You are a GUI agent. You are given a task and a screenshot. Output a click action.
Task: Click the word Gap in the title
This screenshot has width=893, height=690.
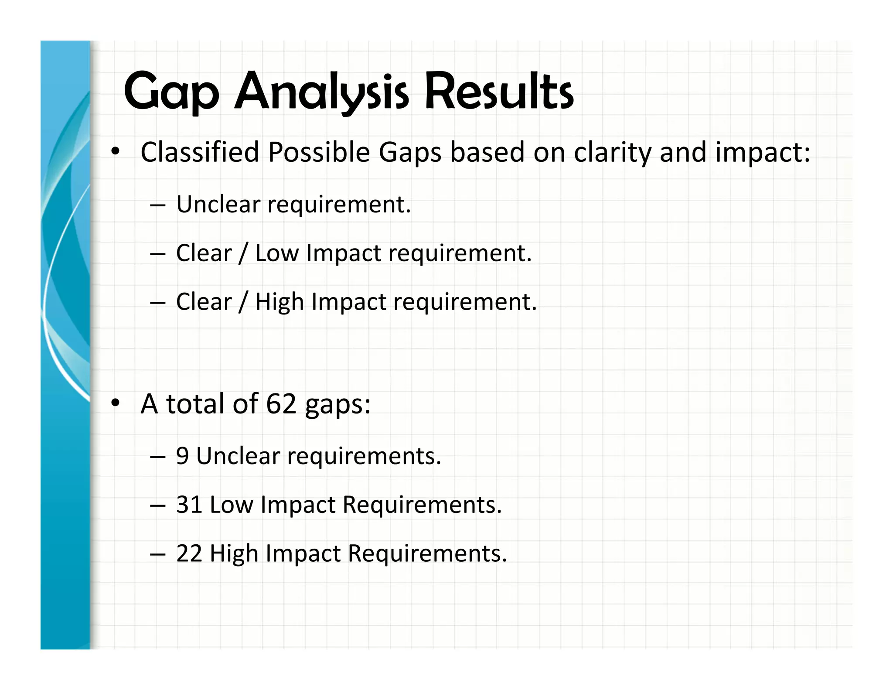[x=171, y=92]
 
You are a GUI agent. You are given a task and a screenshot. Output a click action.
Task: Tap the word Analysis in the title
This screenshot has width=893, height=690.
[x=321, y=92]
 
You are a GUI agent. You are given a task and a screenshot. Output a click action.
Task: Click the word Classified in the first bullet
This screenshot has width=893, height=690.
[x=200, y=152]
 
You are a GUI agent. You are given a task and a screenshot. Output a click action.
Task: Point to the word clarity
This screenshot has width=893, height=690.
[x=612, y=153]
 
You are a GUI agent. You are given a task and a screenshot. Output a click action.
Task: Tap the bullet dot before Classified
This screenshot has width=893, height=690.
[x=115, y=152]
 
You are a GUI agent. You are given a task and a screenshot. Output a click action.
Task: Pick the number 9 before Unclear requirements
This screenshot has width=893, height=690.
[x=182, y=456]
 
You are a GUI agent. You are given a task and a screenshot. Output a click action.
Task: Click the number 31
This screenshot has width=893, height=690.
[x=189, y=505]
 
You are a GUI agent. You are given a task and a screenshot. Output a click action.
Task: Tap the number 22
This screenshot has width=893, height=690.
[x=189, y=553]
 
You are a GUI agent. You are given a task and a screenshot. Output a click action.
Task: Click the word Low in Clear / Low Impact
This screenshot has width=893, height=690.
[x=277, y=253]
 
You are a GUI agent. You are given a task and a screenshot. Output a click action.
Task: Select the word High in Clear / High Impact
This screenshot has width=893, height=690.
[x=279, y=302]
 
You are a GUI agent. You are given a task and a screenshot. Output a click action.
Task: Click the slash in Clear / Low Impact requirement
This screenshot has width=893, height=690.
[x=243, y=254]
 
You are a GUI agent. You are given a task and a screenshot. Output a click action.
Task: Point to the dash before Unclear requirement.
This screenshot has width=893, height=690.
[x=157, y=205]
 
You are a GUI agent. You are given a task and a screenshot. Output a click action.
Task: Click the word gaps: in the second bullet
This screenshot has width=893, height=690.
[x=337, y=405]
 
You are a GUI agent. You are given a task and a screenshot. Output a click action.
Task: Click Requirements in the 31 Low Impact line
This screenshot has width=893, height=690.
[x=422, y=505]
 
